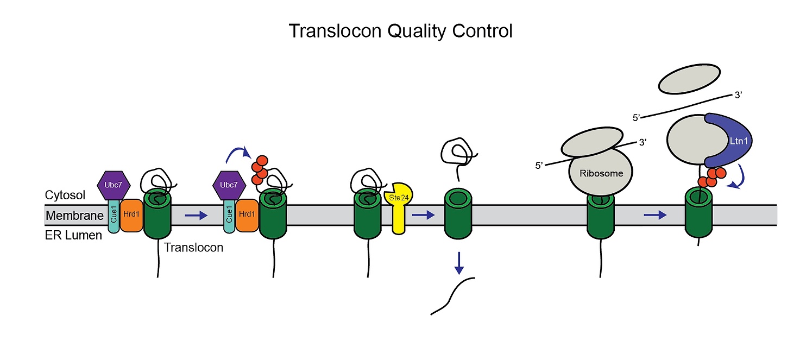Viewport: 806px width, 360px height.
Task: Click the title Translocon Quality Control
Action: coord(400,31)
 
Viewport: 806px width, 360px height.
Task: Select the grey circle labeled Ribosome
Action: coord(601,173)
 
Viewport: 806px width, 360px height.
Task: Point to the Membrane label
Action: coord(74,216)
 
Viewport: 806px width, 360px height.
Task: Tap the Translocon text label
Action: coord(194,248)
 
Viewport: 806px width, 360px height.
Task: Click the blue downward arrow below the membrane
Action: coord(459,262)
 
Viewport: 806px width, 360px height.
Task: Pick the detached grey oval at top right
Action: coord(689,79)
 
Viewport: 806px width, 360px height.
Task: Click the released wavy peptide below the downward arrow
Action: coord(452,296)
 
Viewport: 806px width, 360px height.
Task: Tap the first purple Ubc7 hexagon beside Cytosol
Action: coord(113,185)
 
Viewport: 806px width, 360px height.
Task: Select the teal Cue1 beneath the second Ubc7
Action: coord(229,216)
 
